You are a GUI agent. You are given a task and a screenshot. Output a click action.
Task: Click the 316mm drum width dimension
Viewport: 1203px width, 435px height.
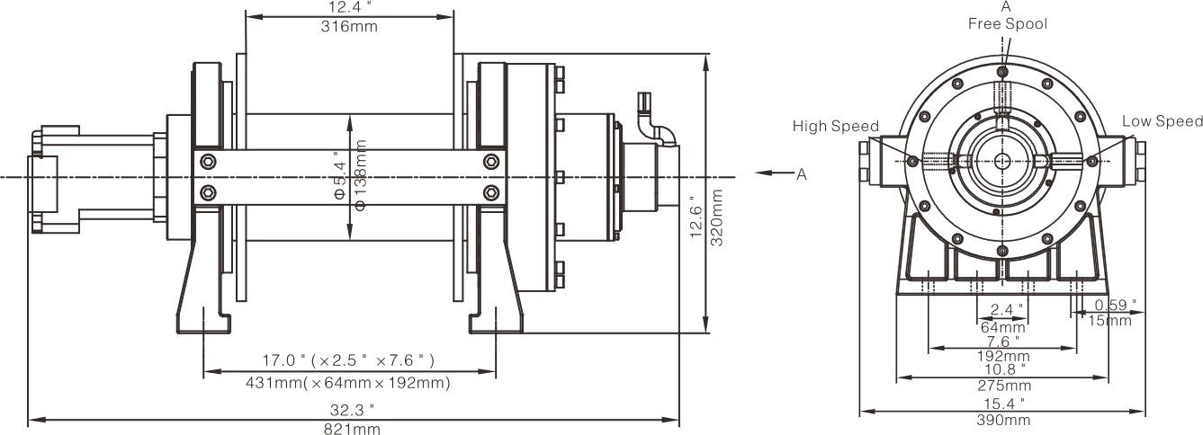(x=349, y=27)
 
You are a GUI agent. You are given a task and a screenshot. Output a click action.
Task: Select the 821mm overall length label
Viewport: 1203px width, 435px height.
(x=352, y=429)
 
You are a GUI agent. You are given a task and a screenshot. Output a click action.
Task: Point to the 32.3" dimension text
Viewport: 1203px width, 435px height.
(x=352, y=410)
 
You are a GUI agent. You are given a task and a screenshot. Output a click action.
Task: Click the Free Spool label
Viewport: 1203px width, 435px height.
(x=1007, y=23)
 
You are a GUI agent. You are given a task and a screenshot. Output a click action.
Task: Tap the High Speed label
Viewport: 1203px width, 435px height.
(x=835, y=126)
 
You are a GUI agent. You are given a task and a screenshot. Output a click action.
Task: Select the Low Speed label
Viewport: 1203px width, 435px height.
(x=1162, y=121)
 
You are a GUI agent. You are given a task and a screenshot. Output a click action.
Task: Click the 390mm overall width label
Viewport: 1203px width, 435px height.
(x=1004, y=421)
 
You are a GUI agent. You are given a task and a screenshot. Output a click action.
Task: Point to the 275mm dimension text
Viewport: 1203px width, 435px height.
(x=1004, y=386)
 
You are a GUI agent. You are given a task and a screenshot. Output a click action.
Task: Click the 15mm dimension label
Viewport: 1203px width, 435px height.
(x=1109, y=321)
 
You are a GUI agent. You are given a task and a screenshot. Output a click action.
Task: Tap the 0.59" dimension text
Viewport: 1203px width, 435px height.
(x=1116, y=306)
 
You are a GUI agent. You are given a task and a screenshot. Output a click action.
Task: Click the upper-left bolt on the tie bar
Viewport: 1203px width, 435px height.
(x=209, y=162)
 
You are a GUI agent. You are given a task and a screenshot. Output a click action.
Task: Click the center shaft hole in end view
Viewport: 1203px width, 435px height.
(x=1002, y=161)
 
